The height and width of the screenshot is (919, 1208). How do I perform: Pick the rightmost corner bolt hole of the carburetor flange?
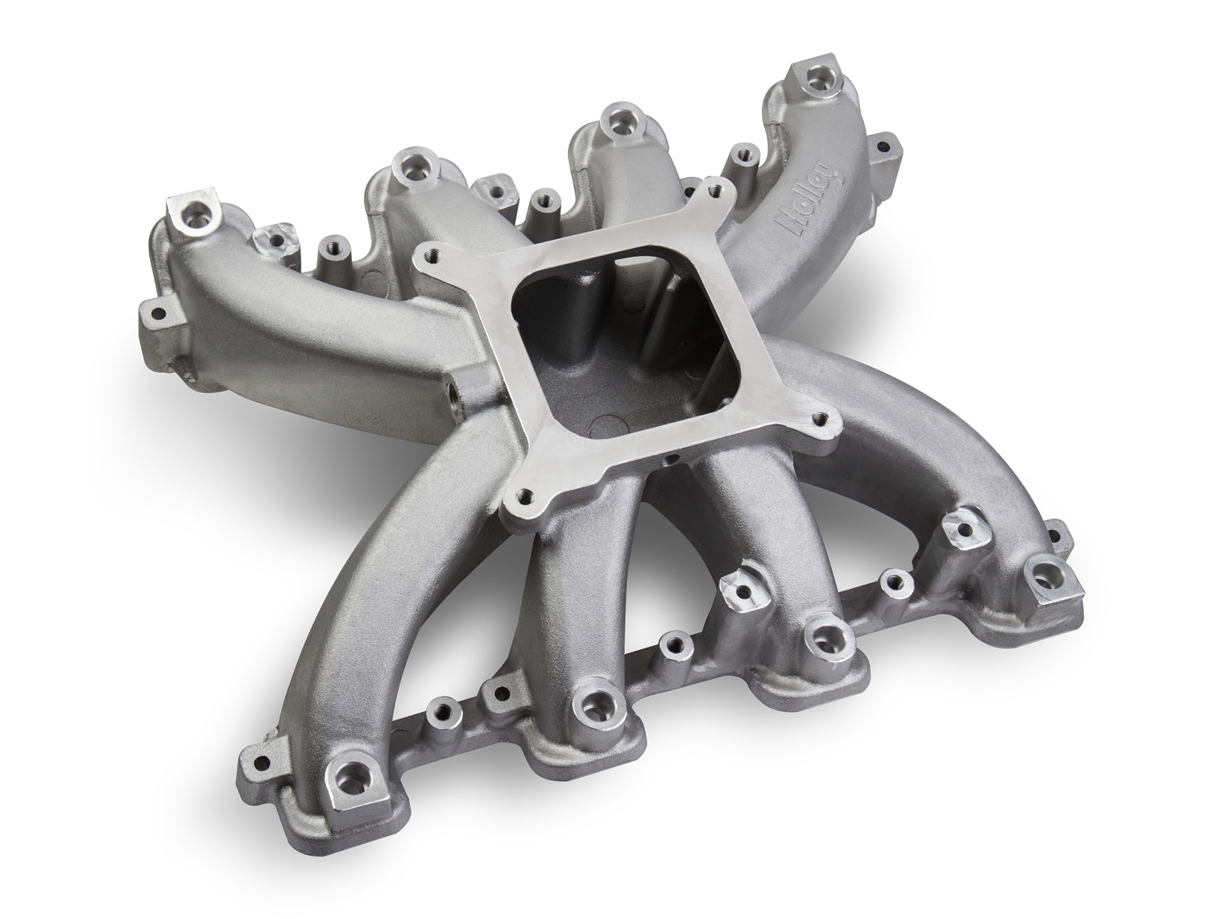tap(820, 419)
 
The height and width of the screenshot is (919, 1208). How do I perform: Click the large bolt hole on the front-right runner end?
tap(1047, 573)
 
